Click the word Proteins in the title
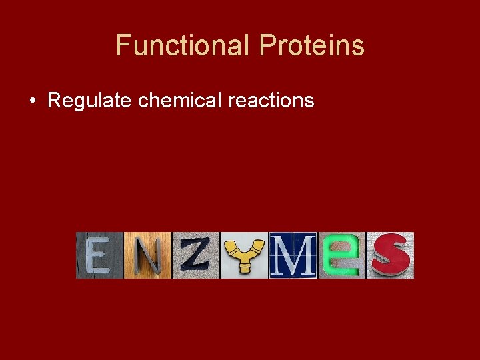tap(311, 46)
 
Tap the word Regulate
tap(90, 101)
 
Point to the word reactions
tap(271, 101)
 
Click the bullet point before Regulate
tap(32, 101)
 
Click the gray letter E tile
tap(99, 255)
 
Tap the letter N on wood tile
tap(147, 255)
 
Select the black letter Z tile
tap(196, 255)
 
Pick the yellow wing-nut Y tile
tap(244, 255)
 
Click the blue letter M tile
tap(293, 255)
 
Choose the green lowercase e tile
tap(341, 255)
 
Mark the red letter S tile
tap(390, 255)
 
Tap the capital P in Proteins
tap(267, 46)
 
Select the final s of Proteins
tap(359, 47)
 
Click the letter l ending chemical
tap(220, 101)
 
